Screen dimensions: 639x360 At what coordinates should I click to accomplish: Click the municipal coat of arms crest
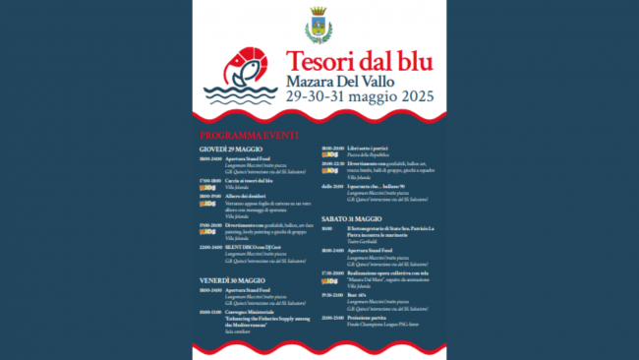coord(319,26)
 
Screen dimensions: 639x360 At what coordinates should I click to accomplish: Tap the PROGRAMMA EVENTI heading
coord(248,134)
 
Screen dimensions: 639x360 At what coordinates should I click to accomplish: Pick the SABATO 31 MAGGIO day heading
coord(351,217)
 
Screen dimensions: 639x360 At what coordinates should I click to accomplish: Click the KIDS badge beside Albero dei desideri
coord(206,204)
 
